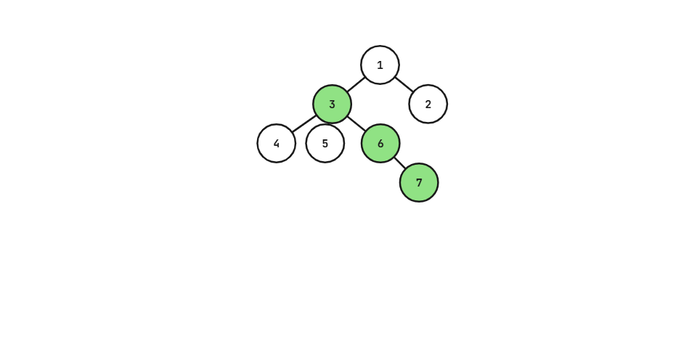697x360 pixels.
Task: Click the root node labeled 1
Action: [380, 65]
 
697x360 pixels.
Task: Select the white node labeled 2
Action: [428, 104]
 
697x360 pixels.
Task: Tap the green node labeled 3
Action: [332, 104]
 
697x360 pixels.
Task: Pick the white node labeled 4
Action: [277, 143]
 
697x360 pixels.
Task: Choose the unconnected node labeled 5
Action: [325, 143]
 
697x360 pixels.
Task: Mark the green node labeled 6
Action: [380, 143]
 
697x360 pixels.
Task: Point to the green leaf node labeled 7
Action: [419, 182]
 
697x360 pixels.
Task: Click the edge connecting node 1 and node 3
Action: [356, 84]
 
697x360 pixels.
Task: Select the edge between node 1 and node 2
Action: [404, 84]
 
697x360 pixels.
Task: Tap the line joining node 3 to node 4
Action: [304, 123]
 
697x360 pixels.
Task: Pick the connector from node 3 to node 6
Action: [356, 123]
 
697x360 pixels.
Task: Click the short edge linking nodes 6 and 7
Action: [400, 163]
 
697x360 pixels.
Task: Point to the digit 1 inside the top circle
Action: [380, 65]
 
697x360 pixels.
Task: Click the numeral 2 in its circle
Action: [428, 105]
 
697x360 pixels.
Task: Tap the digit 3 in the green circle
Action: [332, 105]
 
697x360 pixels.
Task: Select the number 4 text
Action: [277, 144]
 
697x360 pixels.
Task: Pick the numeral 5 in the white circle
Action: [325, 144]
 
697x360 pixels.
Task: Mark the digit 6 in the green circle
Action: [380, 144]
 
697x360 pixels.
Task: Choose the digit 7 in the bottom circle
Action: [419, 183]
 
